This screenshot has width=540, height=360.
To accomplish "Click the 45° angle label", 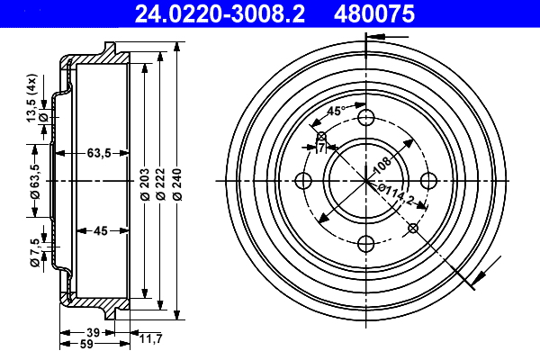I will click(x=333, y=112).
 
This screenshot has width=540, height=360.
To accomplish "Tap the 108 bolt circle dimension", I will click(x=381, y=165).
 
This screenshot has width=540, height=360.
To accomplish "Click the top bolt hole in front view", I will click(x=365, y=118).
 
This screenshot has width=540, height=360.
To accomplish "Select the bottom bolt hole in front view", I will click(x=365, y=243).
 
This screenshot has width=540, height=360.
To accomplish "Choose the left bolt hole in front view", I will click(x=303, y=180).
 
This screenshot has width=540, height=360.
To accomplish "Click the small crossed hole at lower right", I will click(x=412, y=228).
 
